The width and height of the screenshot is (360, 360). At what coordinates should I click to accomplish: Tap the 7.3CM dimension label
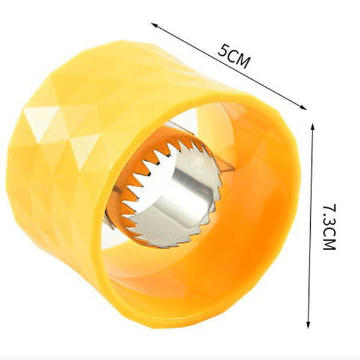click(329, 227)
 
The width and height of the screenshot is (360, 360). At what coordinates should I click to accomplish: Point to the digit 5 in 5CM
click(223, 50)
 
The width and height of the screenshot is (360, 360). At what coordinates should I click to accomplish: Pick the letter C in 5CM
click(232, 55)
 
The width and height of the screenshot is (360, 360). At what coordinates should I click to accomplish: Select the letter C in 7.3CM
click(329, 232)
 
